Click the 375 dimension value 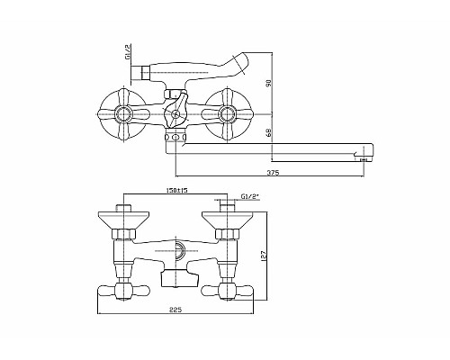(x=273, y=173)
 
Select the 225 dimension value (x=175, y=310)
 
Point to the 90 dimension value (x=269, y=83)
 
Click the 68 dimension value (x=269, y=133)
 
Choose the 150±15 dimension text (x=176, y=190)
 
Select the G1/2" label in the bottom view (x=250, y=197)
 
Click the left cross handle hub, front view (x=123, y=114)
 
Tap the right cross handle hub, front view (x=226, y=114)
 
